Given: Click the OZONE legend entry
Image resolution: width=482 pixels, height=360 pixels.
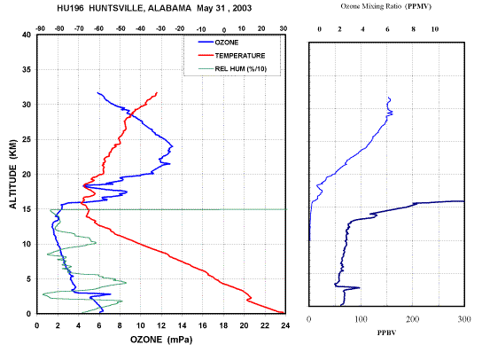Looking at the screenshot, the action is (x=227, y=43).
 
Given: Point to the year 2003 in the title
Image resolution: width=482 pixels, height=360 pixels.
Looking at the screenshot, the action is (x=242, y=8).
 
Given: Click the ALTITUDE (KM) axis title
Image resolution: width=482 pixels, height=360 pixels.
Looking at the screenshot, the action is (x=13, y=174).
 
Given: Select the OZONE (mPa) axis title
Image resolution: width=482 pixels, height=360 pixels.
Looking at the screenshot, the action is (x=161, y=340).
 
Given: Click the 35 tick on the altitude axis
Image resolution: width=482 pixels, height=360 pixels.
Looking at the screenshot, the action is (x=27, y=69).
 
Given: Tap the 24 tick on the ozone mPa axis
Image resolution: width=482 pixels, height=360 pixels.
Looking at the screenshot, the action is (x=285, y=325).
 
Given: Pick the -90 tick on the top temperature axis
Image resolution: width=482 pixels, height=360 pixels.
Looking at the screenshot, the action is (x=40, y=28).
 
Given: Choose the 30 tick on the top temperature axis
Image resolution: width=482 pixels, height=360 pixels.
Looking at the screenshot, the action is (x=284, y=28).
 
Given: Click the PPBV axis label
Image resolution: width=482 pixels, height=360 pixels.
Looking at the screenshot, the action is (x=386, y=333).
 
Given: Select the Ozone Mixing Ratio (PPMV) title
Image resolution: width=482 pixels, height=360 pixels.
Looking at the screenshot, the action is (x=385, y=6).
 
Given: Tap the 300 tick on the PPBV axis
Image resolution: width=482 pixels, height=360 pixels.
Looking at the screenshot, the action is (x=464, y=319).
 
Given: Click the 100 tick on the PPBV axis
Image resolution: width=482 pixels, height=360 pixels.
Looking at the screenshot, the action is (x=361, y=319).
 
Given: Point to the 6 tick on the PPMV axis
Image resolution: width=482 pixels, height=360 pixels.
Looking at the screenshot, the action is (x=387, y=29).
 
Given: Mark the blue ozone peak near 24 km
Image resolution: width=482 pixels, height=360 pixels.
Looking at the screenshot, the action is (x=172, y=146).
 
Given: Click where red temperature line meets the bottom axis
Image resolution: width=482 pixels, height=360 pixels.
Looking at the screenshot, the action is (x=284, y=313).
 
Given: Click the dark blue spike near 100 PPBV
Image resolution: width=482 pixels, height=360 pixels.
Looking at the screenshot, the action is (x=359, y=287).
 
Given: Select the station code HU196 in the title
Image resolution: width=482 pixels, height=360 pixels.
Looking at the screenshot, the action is (x=70, y=8).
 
